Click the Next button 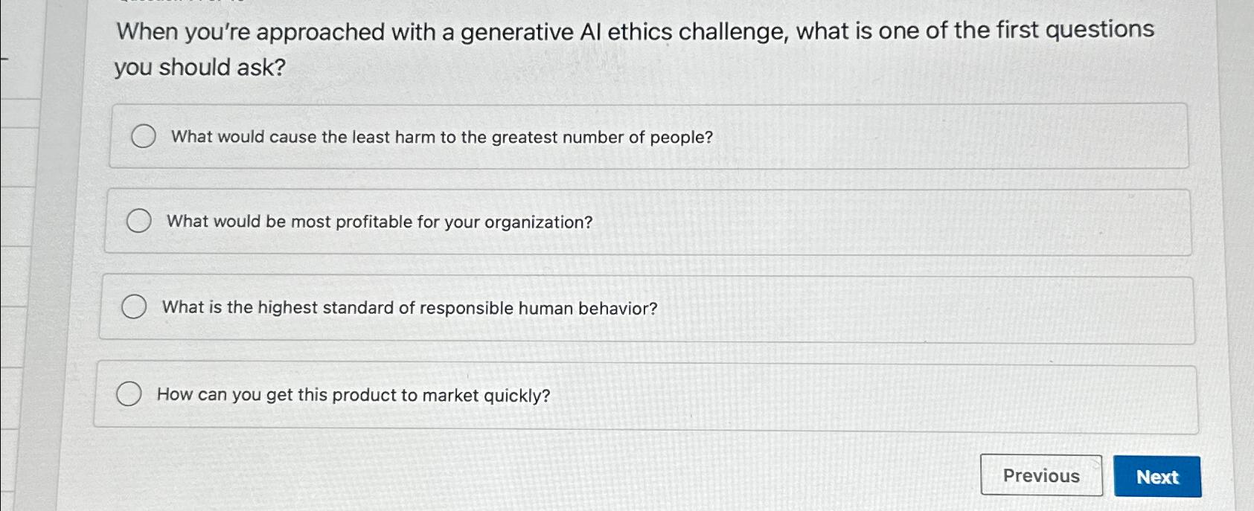point(1157,477)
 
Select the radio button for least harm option point(143,136)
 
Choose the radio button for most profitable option point(138,221)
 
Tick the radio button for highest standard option point(134,306)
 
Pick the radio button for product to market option point(129,393)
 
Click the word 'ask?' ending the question point(261,68)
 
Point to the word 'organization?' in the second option point(538,222)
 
